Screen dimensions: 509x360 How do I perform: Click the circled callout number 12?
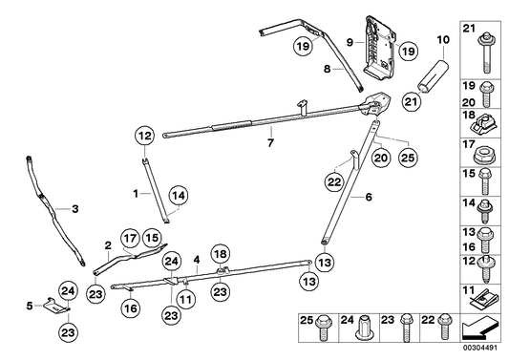145,136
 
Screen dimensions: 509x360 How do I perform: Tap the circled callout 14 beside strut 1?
179,196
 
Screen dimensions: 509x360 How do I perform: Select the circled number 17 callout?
130,239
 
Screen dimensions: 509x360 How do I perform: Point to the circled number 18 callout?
221,254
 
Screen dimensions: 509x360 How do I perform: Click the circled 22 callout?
334,182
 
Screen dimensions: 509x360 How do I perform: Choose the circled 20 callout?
381,159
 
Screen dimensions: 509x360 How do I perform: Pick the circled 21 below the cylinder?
411,101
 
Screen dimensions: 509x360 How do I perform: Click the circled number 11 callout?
185,299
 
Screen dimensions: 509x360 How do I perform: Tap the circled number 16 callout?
131,308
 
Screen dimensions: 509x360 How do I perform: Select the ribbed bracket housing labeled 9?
378,51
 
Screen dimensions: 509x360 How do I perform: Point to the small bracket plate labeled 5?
56,306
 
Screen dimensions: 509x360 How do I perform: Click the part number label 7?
270,142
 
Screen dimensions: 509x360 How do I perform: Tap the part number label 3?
75,209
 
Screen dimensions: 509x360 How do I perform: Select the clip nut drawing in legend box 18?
483,126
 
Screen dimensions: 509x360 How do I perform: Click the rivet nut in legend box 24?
363,328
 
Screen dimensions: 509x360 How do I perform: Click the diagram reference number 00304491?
480,348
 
